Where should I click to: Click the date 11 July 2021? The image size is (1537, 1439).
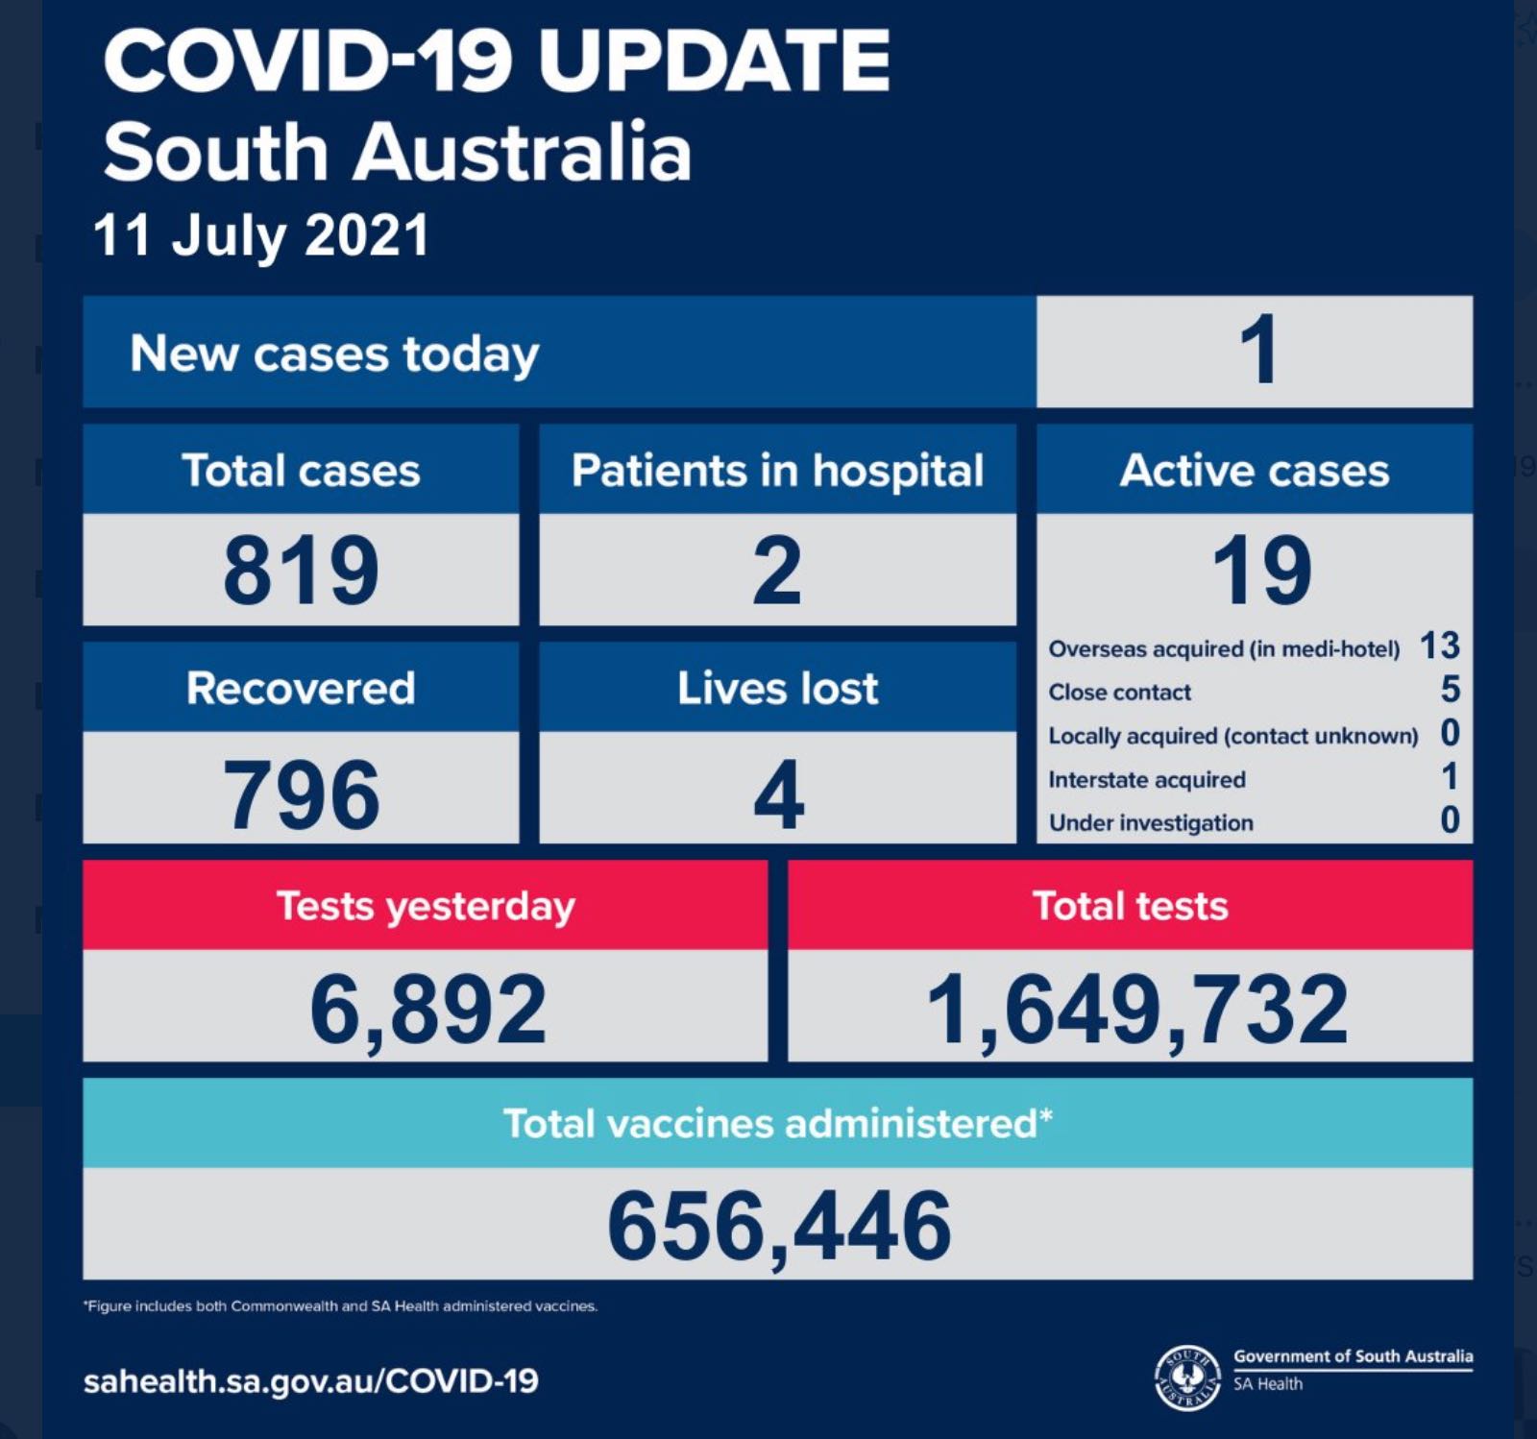[x=261, y=235]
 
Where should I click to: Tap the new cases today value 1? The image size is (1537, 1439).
[x=1257, y=351]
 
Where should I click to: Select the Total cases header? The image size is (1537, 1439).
[x=301, y=471]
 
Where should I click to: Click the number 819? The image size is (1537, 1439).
[x=301, y=571]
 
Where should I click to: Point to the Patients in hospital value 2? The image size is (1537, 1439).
[x=777, y=571]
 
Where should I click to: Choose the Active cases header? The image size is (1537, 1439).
[x=1255, y=471]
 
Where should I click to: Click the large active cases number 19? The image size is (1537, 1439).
[x=1261, y=571]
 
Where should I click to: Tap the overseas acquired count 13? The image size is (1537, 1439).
[x=1440, y=646]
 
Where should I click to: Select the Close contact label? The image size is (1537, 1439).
[x=1120, y=692]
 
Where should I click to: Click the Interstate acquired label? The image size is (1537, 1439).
[x=1147, y=779]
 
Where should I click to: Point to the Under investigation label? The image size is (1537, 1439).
[x=1151, y=823]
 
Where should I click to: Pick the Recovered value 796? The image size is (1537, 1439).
[x=301, y=794]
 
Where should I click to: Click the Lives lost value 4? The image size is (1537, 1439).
[x=778, y=794]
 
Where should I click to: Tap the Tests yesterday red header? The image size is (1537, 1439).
[x=426, y=905]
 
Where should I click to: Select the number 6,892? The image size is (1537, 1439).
[x=428, y=1010]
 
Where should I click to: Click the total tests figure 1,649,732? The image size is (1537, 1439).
[x=1137, y=1010]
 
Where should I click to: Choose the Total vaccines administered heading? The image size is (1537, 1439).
[x=778, y=1123]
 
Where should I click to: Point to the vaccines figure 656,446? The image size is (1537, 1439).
[x=779, y=1227]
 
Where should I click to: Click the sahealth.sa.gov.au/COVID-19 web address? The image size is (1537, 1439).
[x=311, y=1381]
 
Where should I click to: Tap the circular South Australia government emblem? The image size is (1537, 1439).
[x=1187, y=1377]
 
